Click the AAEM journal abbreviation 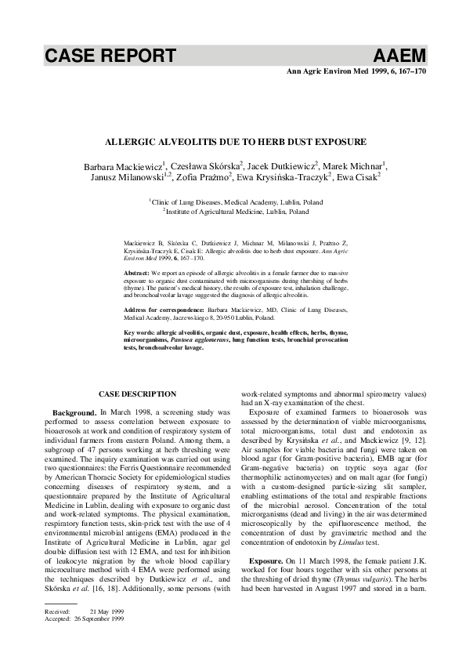click(400, 56)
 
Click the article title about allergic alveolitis click(236, 143)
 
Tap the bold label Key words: click(140, 333)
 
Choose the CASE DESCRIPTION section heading click(138, 393)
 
